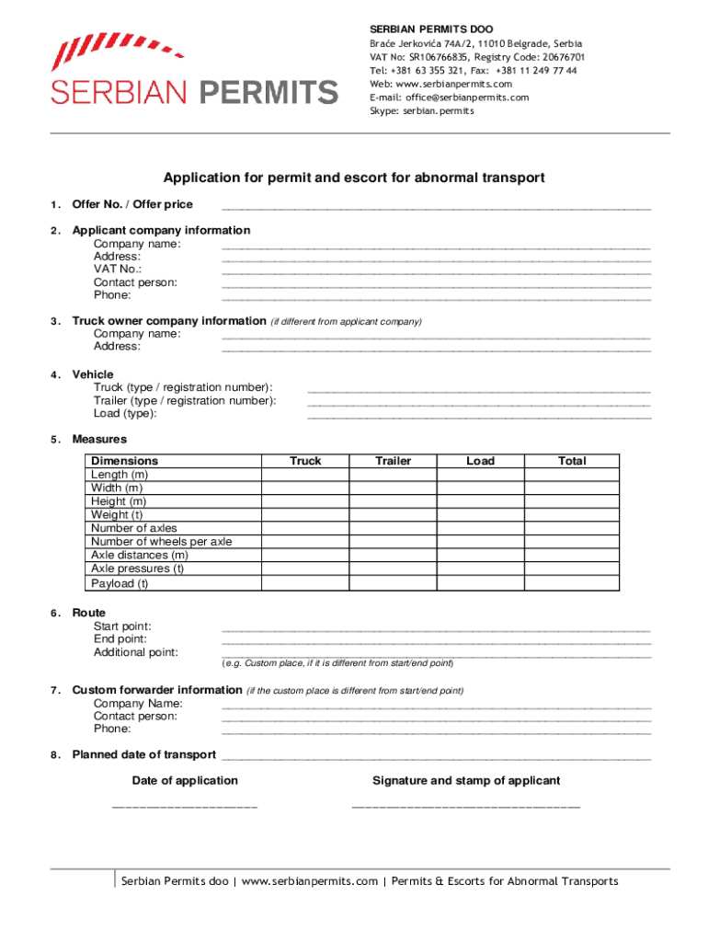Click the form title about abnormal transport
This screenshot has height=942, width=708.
[x=354, y=178]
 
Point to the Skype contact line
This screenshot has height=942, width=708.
[x=422, y=110]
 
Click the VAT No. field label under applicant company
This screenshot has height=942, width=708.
[x=118, y=270]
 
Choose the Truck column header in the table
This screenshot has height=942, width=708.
[x=305, y=461]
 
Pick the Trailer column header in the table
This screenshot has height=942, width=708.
[x=393, y=461]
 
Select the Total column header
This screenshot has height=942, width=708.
[x=572, y=461]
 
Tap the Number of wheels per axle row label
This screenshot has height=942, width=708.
[x=161, y=542]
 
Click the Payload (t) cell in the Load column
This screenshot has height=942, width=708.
[x=480, y=583]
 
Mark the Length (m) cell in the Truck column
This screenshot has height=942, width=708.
[x=305, y=475]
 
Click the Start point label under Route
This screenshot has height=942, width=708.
[x=122, y=626]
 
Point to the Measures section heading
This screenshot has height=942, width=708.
[x=99, y=440]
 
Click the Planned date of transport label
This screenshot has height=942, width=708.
[x=144, y=755]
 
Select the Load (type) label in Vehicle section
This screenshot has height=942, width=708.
[x=125, y=414]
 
